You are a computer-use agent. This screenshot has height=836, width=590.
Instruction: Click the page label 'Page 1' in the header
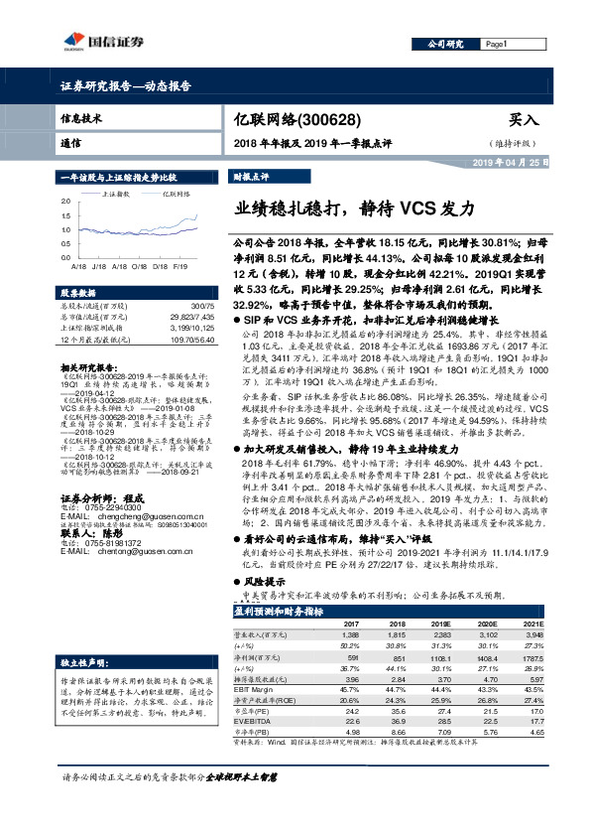click(x=497, y=44)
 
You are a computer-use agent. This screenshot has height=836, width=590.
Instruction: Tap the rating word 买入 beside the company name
click(x=524, y=118)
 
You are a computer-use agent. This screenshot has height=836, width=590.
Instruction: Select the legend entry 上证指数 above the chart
click(x=116, y=195)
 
